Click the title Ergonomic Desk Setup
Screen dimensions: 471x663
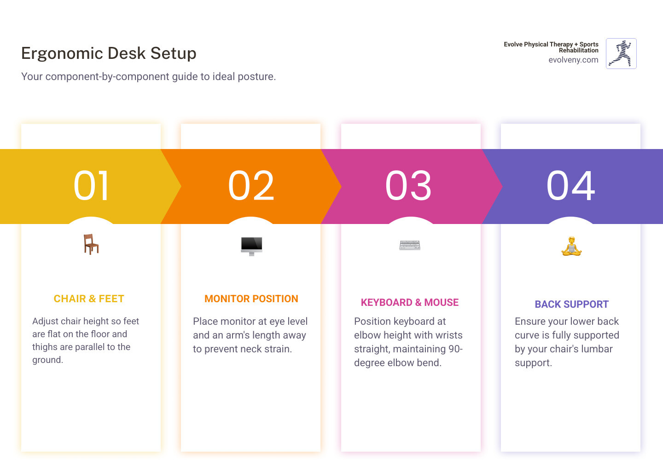[109, 53]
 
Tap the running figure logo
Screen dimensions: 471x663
[621, 53]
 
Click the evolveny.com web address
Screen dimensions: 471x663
[573, 60]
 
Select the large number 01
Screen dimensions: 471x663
[91, 186]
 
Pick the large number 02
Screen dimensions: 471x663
[251, 186]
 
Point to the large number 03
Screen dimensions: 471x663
[408, 186]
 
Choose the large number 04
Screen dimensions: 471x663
[570, 186]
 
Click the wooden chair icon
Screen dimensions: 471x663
[91, 244]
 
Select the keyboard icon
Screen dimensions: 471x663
[410, 245]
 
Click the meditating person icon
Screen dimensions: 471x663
[571, 247]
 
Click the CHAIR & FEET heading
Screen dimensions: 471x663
[89, 299]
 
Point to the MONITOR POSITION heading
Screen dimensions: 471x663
[251, 299]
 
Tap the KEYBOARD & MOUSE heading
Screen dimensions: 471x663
[410, 303]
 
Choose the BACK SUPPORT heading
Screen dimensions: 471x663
[571, 304]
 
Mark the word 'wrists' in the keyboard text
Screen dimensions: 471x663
[447, 335]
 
